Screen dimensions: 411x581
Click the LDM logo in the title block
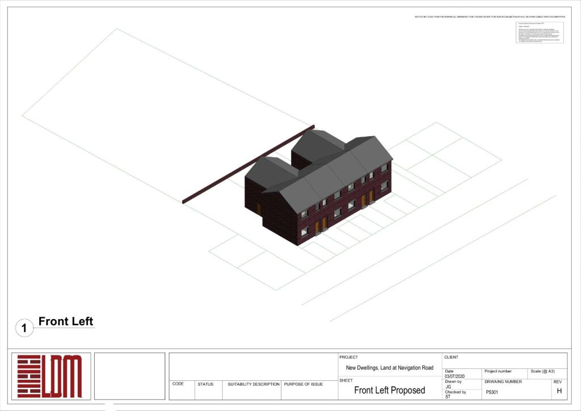click(49, 376)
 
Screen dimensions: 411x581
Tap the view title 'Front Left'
click(66, 322)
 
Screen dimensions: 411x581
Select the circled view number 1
click(24, 328)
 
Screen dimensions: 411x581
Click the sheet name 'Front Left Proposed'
click(389, 390)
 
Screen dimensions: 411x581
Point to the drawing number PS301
click(492, 392)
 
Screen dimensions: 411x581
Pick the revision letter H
click(559, 391)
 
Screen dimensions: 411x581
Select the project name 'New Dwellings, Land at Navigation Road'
click(389, 368)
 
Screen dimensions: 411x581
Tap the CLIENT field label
click(451, 357)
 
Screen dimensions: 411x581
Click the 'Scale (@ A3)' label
click(543, 371)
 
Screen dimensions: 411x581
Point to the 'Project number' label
click(498, 371)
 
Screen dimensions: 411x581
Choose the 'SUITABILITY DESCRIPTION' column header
click(254, 384)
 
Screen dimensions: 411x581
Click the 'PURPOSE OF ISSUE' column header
click(304, 384)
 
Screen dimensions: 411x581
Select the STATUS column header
click(205, 384)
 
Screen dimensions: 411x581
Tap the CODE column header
click(178, 384)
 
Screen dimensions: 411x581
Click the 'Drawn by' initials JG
click(448, 387)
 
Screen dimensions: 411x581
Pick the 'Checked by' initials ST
click(448, 397)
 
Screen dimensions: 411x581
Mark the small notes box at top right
click(540, 33)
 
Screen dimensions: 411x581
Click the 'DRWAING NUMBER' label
click(503, 381)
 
